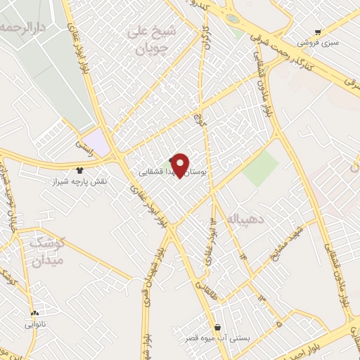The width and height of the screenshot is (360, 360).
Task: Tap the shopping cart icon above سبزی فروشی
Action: (x=318, y=31)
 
